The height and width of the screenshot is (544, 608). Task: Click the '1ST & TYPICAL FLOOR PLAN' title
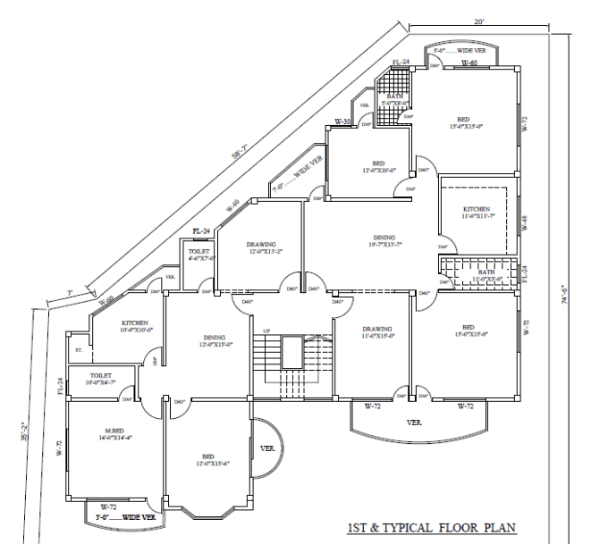point(431,529)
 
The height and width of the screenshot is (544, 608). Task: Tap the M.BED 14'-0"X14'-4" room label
point(117,435)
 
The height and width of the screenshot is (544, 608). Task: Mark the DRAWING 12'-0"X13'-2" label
point(262,247)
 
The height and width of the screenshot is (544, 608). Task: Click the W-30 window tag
point(342,121)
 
